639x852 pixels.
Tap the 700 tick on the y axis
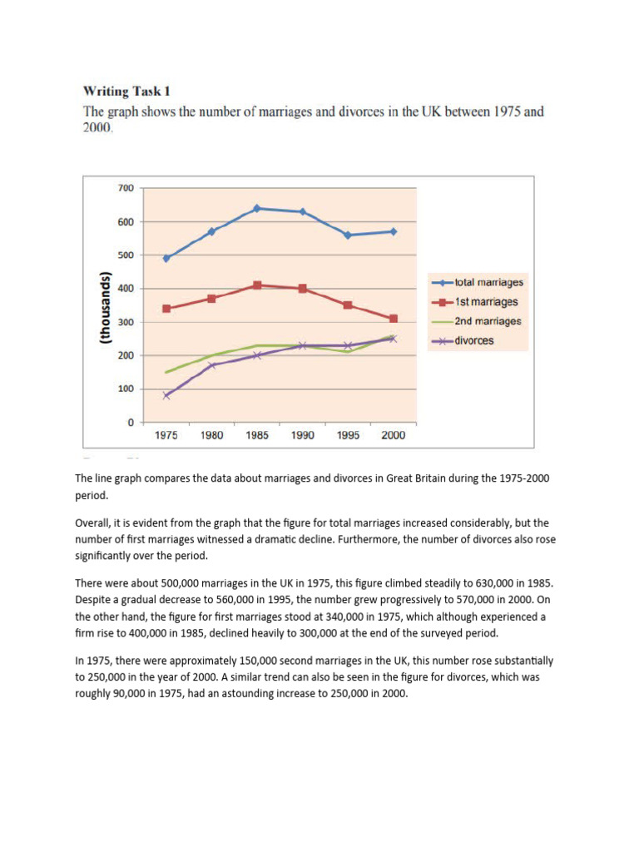125,188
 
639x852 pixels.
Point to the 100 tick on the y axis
125,389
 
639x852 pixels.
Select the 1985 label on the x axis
257,436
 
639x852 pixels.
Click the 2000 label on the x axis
393,436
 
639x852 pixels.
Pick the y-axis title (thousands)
106,308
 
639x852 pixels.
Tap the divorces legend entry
473,340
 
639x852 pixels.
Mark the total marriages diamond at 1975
166,258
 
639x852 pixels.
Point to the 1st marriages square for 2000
393,319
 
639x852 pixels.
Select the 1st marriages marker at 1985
257,285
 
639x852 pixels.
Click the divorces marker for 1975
166,395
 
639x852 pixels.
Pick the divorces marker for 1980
212,365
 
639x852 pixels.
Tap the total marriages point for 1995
348,235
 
